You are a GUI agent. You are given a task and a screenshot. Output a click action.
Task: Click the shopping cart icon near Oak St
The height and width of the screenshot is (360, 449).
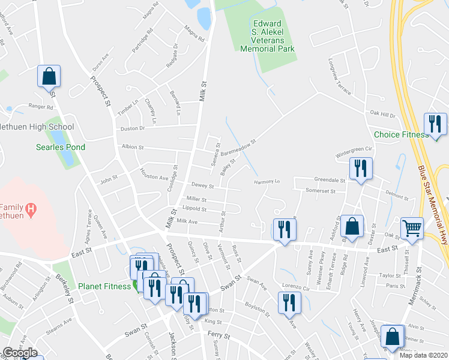412,228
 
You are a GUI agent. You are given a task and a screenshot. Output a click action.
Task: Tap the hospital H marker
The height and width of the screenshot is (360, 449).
32,210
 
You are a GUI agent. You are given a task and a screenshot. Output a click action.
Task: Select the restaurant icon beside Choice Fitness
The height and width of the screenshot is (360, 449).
435,124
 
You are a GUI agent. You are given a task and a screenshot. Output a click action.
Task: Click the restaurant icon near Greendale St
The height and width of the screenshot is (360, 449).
361,169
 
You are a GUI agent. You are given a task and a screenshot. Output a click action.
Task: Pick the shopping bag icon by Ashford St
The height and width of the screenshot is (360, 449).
353,226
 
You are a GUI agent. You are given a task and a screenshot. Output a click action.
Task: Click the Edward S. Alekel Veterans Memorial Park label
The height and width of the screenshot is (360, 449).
267,37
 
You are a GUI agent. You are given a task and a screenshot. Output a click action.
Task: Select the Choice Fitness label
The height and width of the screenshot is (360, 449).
401,134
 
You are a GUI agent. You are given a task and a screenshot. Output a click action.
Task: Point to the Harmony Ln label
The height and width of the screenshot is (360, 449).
267,181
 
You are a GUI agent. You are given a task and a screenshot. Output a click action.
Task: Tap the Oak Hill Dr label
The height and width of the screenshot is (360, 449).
382,113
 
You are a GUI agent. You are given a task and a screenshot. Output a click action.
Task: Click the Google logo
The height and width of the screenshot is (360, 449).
20,353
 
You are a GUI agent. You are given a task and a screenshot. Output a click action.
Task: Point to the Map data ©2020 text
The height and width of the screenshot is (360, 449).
423,355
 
